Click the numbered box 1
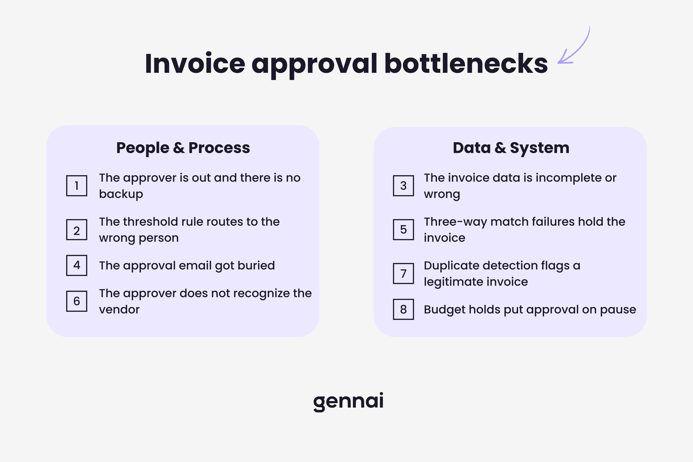click(x=77, y=186)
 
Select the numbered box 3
click(x=403, y=186)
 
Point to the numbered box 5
click(x=403, y=230)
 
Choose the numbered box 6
click(x=77, y=301)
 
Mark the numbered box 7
click(x=403, y=274)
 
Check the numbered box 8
click(x=403, y=309)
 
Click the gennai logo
click(x=348, y=401)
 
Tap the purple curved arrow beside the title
click(x=575, y=47)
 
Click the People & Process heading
click(x=183, y=148)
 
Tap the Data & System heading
click(x=511, y=148)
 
